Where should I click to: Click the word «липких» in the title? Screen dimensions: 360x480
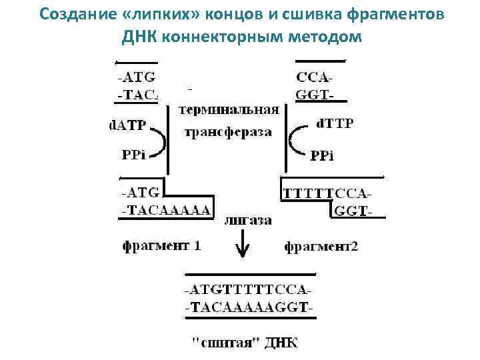click(x=181, y=15)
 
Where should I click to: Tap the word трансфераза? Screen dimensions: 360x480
click(x=228, y=132)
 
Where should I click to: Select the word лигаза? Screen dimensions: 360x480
click(x=248, y=221)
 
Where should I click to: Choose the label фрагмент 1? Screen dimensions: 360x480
click(x=161, y=245)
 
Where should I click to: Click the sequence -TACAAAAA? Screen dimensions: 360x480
click(x=165, y=209)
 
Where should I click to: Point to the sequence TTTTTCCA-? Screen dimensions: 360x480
click(x=327, y=194)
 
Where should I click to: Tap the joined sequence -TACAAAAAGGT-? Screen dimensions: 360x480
click(x=249, y=308)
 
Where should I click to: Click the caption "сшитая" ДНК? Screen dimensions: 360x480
click(x=245, y=343)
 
